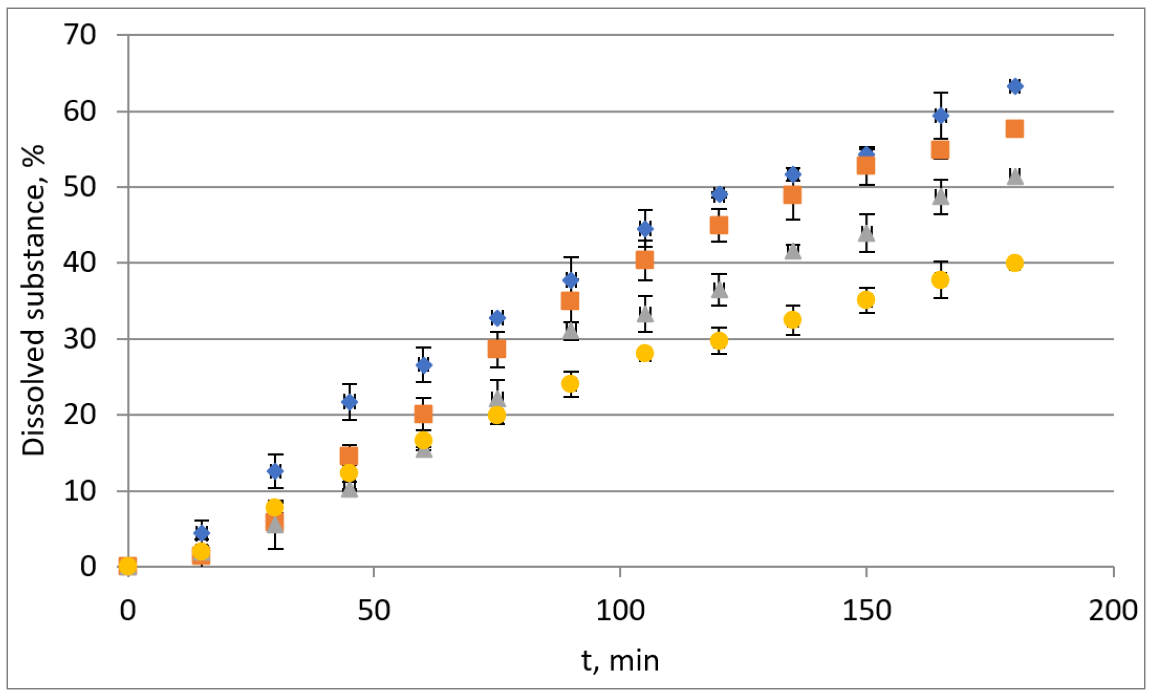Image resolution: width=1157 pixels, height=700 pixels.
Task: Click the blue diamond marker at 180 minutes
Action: coord(1014,87)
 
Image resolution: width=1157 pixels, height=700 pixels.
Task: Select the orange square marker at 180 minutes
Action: coord(1014,129)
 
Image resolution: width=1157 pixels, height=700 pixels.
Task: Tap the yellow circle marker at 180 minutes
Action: coord(1014,263)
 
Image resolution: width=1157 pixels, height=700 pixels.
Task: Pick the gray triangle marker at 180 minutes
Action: coord(1014,177)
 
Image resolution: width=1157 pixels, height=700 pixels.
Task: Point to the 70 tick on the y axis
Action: coord(80,35)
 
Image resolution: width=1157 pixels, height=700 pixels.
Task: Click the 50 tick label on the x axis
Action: coord(374,611)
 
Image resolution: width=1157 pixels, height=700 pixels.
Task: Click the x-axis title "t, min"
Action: coord(620,661)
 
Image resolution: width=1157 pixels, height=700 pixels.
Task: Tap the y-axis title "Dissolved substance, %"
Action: coord(33,300)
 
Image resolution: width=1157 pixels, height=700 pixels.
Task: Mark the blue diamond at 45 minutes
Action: coord(349,402)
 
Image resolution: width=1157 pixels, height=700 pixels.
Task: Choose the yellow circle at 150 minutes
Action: coord(866,300)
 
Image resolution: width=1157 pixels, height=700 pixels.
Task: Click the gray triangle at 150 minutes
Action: coord(866,233)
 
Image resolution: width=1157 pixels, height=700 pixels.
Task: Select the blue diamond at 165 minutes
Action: coord(940,116)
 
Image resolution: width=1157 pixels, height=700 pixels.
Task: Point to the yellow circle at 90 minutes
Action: coord(570,384)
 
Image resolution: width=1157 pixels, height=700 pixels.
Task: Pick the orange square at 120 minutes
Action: coord(719,226)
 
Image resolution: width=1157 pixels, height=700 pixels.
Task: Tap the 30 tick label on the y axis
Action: coord(80,339)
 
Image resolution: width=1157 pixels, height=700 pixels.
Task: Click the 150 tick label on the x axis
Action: coord(866,611)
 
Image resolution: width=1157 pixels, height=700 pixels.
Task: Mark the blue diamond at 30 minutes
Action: coord(275,471)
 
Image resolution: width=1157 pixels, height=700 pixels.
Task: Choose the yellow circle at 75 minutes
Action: coord(497,415)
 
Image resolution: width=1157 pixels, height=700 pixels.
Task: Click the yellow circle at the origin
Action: coord(128,566)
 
